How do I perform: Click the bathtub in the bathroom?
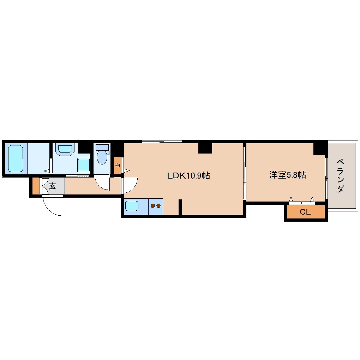click(x=16, y=158)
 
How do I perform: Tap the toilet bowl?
click(x=102, y=157)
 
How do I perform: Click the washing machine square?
click(x=84, y=165)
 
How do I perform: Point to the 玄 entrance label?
click(x=52, y=186)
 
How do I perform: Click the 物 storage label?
click(x=117, y=165)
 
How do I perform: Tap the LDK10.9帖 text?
click(x=188, y=175)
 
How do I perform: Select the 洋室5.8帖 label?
click(x=287, y=175)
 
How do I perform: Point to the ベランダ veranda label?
click(x=340, y=176)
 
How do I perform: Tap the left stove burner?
click(x=153, y=205)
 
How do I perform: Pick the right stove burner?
click(x=158, y=205)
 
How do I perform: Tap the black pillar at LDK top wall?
click(x=205, y=148)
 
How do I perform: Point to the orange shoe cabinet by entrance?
click(x=36, y=186)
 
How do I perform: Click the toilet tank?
click(x=102, y=147)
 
